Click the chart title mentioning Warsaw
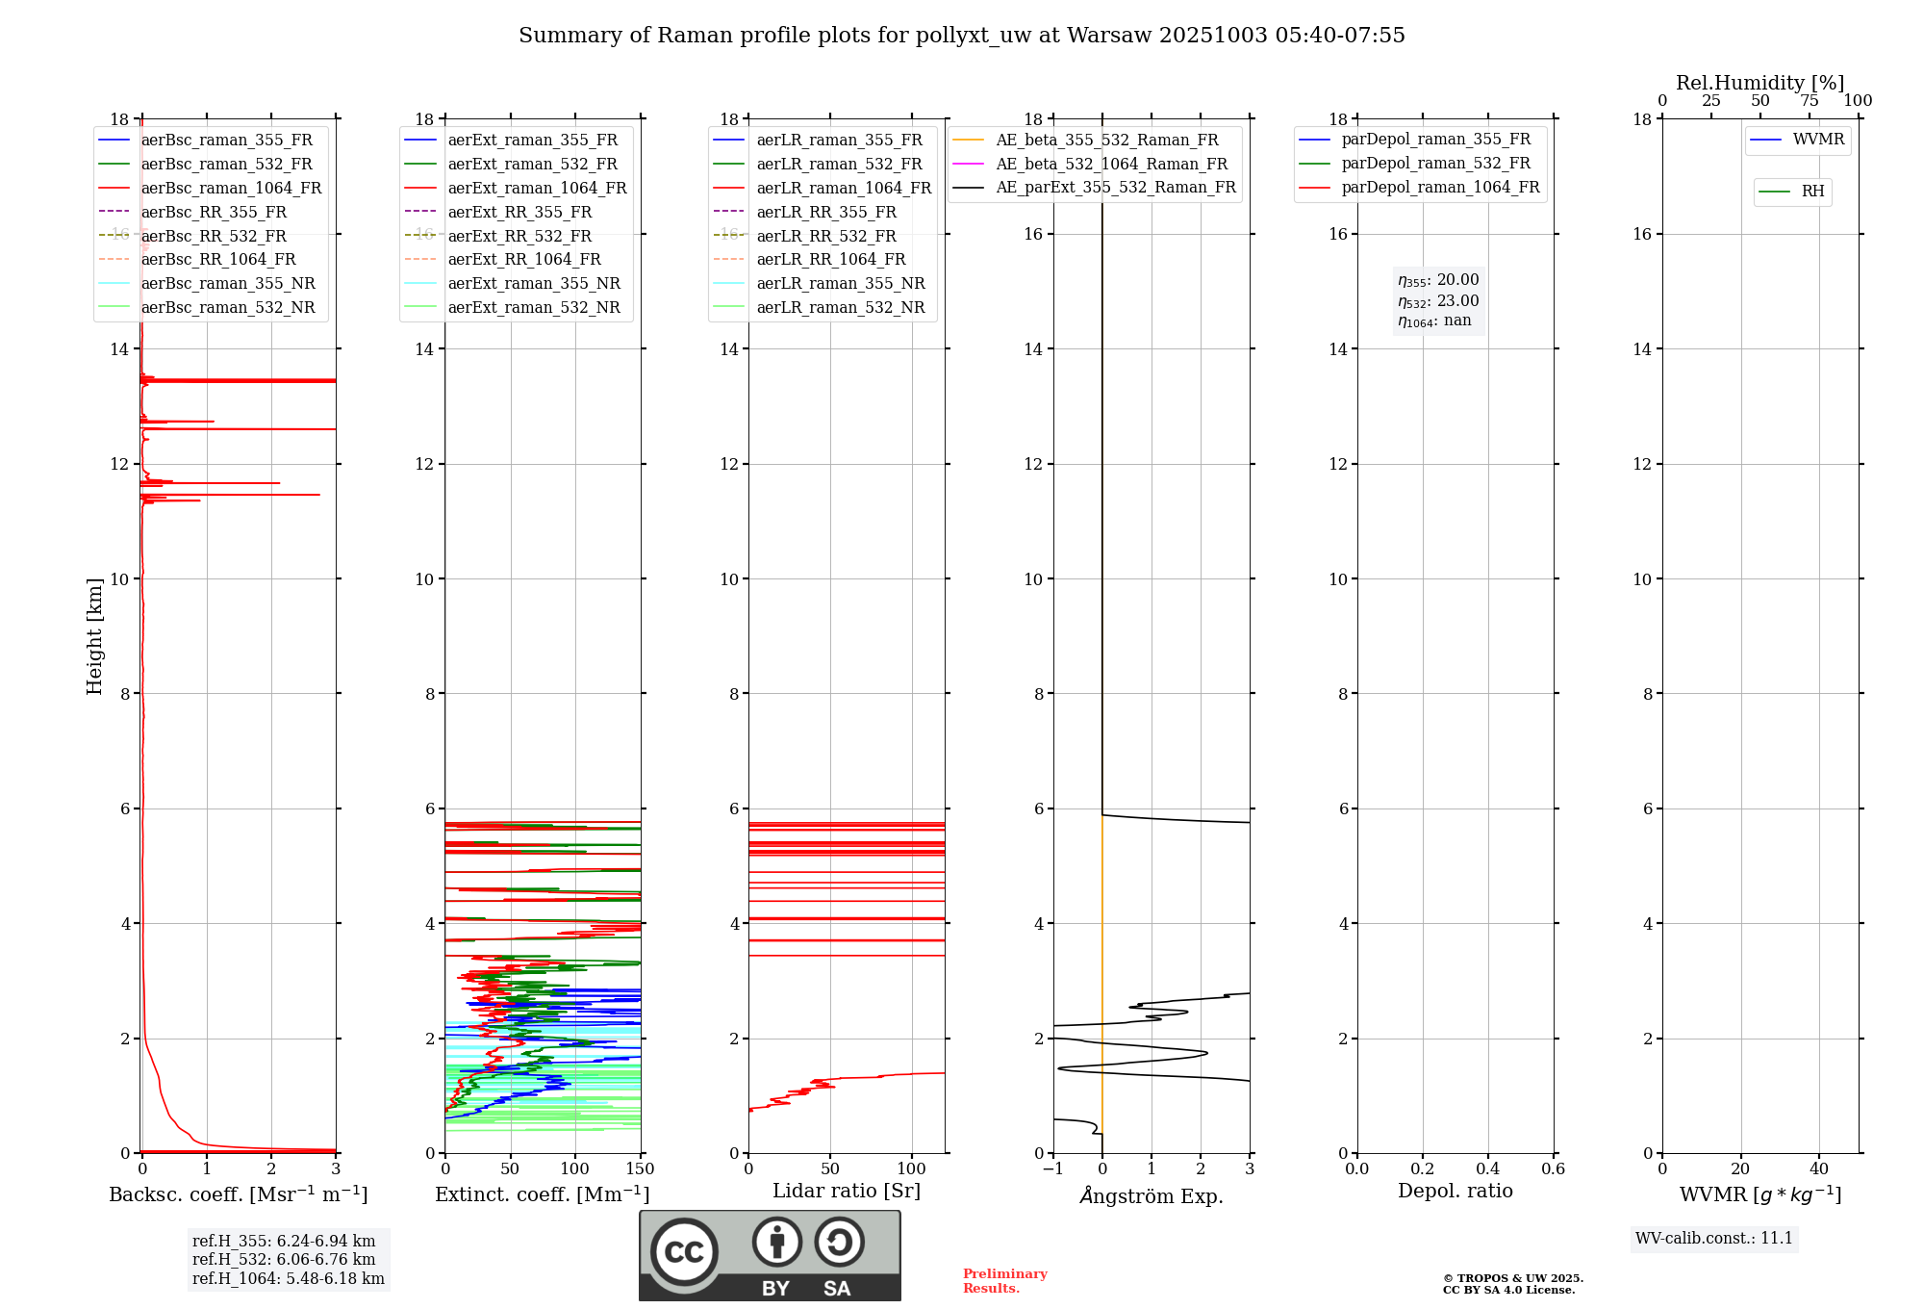pos(961,36)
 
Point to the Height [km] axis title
pos(94,636)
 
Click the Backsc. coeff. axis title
pos(239,1194)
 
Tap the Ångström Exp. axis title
pos(1152,1196)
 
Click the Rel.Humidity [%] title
pos(1759,83)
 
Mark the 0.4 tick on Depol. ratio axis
pos(1488,1169)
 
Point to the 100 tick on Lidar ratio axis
pos(912,1169)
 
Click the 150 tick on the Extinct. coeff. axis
pos(641,1169)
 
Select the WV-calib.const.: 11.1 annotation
pos(1714,1239)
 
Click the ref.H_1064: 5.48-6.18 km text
pos(289,1279)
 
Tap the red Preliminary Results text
pos(1004,1281)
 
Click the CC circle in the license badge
pos(684,1252)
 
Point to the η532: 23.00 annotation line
pos(1438,301)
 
